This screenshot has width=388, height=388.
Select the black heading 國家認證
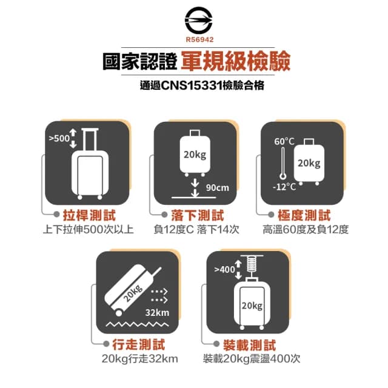(140, 62)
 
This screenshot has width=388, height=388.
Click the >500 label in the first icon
(59, 138)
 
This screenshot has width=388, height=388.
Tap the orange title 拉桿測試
(89, 216)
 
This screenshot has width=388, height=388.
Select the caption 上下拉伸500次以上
(89, 230)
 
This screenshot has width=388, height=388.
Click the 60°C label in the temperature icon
(284, 142)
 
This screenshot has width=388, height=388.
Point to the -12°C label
(284, 186)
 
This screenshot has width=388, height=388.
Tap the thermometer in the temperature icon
(283, 166)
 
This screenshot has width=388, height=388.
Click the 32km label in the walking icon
(158, 313)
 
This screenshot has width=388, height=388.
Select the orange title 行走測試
(142, 345)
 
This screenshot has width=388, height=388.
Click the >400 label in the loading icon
(224, 269)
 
